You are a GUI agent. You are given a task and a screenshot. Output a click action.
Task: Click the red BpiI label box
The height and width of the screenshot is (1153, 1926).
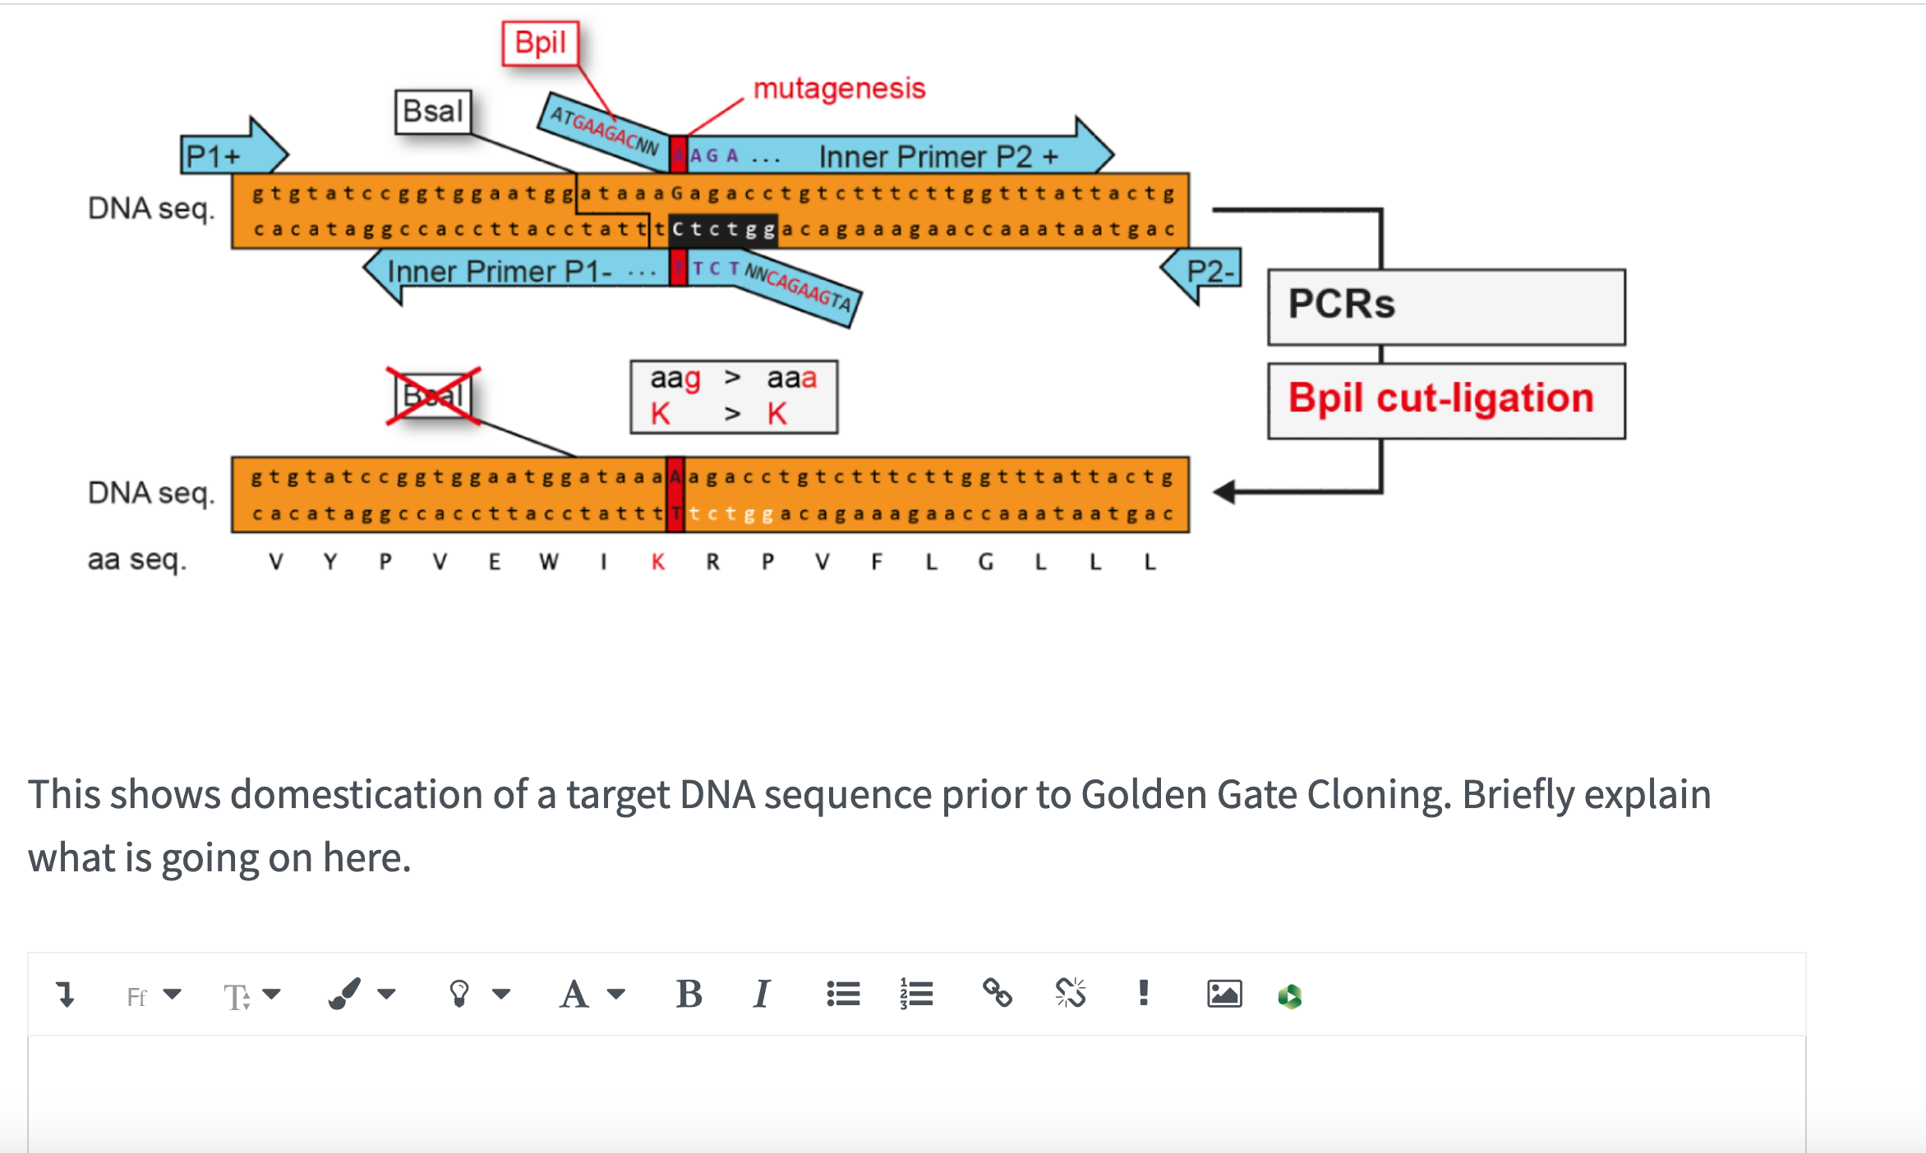click(x=540, y=43)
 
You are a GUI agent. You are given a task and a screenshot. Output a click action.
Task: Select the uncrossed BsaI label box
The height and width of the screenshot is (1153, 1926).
click(x=433, y=112)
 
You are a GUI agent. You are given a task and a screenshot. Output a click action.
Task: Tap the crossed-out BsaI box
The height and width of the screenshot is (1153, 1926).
click(x=433, y=396)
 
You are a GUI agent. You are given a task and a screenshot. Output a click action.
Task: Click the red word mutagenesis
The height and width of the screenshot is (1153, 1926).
click(x=839, y=89)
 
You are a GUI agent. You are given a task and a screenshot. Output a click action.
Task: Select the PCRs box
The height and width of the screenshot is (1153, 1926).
click(x=1445, y=305)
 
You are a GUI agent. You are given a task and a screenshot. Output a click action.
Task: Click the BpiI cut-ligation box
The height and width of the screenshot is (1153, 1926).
click(x=1445, y=400)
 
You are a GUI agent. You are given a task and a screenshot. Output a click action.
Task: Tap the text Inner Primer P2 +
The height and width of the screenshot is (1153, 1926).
click(x=938, y=157)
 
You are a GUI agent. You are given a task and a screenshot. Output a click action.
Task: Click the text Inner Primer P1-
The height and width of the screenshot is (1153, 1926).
click(x=499, y=272)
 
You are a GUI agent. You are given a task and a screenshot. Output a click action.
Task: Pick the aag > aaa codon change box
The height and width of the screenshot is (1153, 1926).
click(x=733, y=397)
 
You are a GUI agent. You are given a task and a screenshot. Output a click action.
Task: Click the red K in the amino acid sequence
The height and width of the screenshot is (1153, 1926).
click(x=658, y=563)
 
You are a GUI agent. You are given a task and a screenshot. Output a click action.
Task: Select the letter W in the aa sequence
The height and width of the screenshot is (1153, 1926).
click(x=549, y=563)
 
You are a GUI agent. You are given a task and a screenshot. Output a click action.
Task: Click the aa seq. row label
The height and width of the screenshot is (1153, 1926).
click(x=137, y=560)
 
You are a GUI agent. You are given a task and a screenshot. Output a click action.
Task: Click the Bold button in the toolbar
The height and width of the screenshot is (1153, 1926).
click(x=689, y=995)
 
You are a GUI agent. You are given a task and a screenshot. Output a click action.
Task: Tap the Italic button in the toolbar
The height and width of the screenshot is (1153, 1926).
click(x=761, y=995)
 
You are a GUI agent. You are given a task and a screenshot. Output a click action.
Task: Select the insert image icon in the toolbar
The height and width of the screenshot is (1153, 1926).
click(x=1223, y=995)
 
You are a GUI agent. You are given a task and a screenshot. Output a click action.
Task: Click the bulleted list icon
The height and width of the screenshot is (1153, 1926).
click(x=843, y=995)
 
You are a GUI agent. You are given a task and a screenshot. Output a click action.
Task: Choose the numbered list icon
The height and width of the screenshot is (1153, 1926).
click(x=915, y=995)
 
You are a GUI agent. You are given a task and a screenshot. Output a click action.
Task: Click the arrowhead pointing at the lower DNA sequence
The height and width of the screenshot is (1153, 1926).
click(x=1224, y=492)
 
